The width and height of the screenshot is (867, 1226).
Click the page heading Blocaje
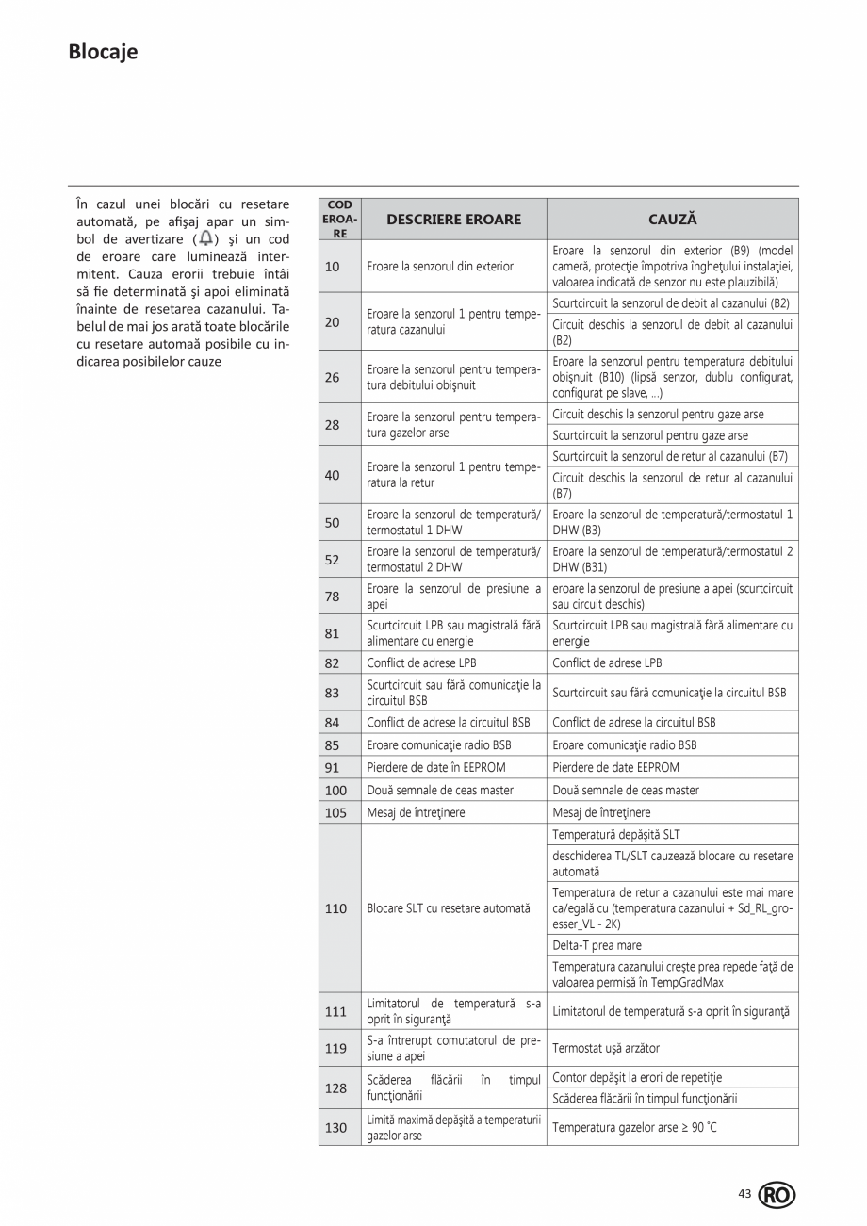click(103, 52)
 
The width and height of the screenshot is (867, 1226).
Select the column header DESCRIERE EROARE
click(453, 220)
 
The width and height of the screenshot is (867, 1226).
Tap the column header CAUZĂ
click(672, 220)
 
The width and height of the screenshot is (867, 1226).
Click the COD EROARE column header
click(339, 220)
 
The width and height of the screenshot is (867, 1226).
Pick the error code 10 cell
click(332, 267)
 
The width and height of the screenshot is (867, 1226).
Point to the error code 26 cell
click(332, 378)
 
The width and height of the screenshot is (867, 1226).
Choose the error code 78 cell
click(332, 597)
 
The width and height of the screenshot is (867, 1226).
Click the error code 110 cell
click(335, 908)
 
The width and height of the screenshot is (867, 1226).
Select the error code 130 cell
click(335, 1128)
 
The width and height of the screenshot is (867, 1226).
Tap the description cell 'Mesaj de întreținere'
click(416, 812)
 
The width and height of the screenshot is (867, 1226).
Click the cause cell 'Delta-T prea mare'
click(597, 945)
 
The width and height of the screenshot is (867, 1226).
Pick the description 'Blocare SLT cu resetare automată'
click(449, 908)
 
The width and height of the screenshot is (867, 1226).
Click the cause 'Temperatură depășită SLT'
click(615, 835)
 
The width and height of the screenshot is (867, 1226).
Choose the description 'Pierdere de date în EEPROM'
click(436, 767)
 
